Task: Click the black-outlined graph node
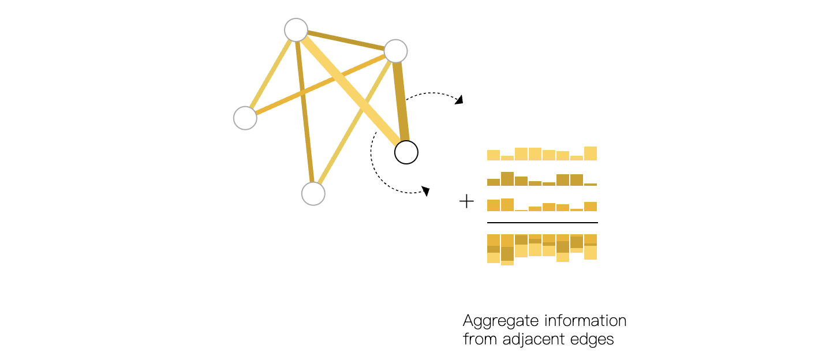[x=406, y=152]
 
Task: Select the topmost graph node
[x=296, y=30]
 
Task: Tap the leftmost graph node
[x=245, y=118]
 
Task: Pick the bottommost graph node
[x=313, y=194]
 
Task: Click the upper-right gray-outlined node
[x=396, y=51]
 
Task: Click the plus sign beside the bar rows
[x=466, y=201]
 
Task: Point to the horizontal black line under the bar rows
[x=543, y=222]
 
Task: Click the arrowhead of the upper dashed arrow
[x=459, y=100]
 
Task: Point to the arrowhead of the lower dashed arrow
[x=427, y=190]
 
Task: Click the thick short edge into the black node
[x=401, y=101]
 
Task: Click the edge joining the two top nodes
[x=346, y=40]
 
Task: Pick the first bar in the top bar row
[x=494, y=155]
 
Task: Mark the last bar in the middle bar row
[x=591, y=184]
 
